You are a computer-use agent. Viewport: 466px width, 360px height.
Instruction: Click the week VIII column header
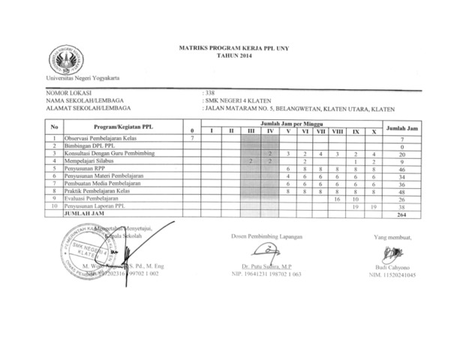coord(337,132)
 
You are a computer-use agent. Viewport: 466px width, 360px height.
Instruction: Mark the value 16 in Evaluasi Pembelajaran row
coord(337,199)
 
